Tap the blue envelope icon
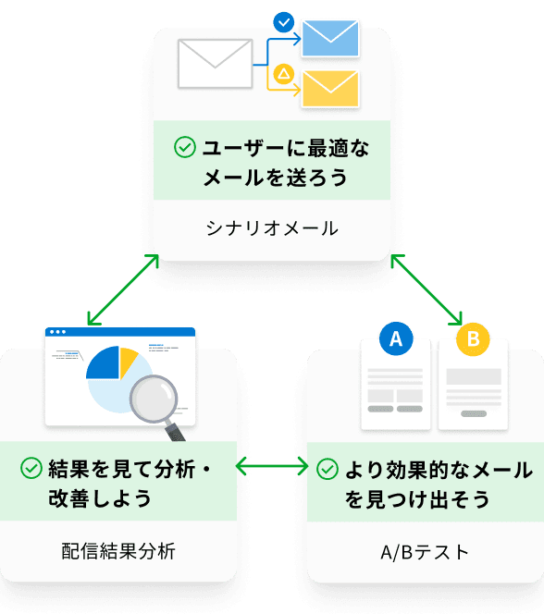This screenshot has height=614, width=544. click(330, 37)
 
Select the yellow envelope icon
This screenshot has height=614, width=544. click(330, 89)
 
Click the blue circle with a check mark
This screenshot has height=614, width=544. click(285, 19)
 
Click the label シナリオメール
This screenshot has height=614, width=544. click(272, 227)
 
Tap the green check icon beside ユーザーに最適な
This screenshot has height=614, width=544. click(184, 146)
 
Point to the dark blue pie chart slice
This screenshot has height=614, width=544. click(102, 364)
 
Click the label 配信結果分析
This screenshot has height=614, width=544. click(118, 552)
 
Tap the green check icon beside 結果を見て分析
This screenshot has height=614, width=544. click(31, 468)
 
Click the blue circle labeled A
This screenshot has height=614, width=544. click(396, 339)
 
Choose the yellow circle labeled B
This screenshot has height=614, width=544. click(473, 339)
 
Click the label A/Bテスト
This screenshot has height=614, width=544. click(425, 552)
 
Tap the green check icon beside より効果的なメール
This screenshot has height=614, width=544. click(327, 468)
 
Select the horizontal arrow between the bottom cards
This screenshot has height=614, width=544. click(272, 468)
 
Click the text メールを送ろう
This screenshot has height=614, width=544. click(276, 177)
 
